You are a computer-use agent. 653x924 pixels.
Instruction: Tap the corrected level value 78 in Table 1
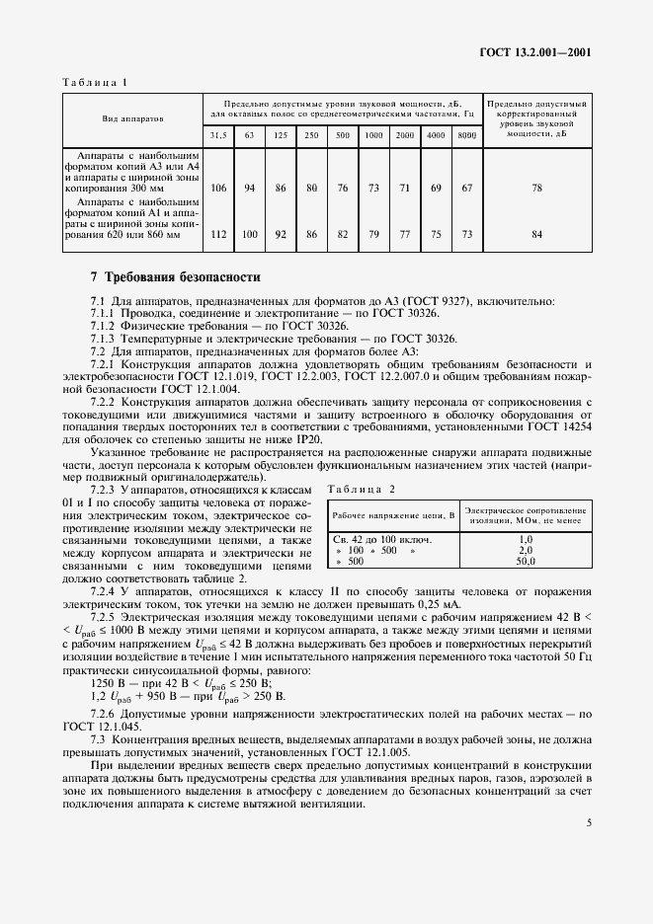pos(536,188)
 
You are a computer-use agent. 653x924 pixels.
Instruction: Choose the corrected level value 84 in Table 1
pos(536,234)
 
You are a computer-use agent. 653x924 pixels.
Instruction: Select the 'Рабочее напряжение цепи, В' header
pos(393,515)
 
